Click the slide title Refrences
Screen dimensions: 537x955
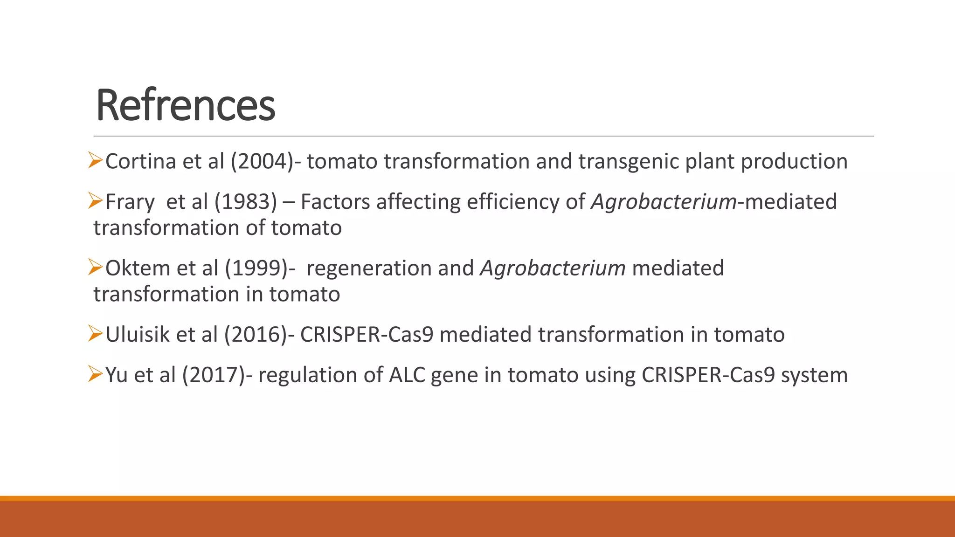coord(185,106)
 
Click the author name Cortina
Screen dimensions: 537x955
coord(140,162)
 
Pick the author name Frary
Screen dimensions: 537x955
coord(130,202)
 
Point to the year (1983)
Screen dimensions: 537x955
coord(246,202)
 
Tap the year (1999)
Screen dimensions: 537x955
coord(257,268)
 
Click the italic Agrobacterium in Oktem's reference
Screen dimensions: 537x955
coord(553,268)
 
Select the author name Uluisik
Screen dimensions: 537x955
coord(138,335)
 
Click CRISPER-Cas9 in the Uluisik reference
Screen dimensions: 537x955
coord(367,335)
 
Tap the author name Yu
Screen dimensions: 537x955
coord(117,375)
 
